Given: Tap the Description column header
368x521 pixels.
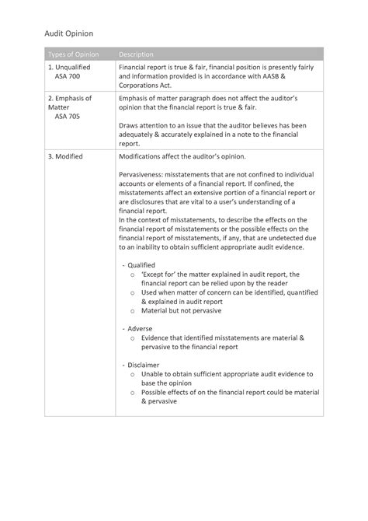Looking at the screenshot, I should pos(136,54).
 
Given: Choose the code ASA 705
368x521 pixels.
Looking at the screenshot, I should pos(68,117).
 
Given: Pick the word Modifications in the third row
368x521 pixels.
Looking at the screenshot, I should pos(144,156).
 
